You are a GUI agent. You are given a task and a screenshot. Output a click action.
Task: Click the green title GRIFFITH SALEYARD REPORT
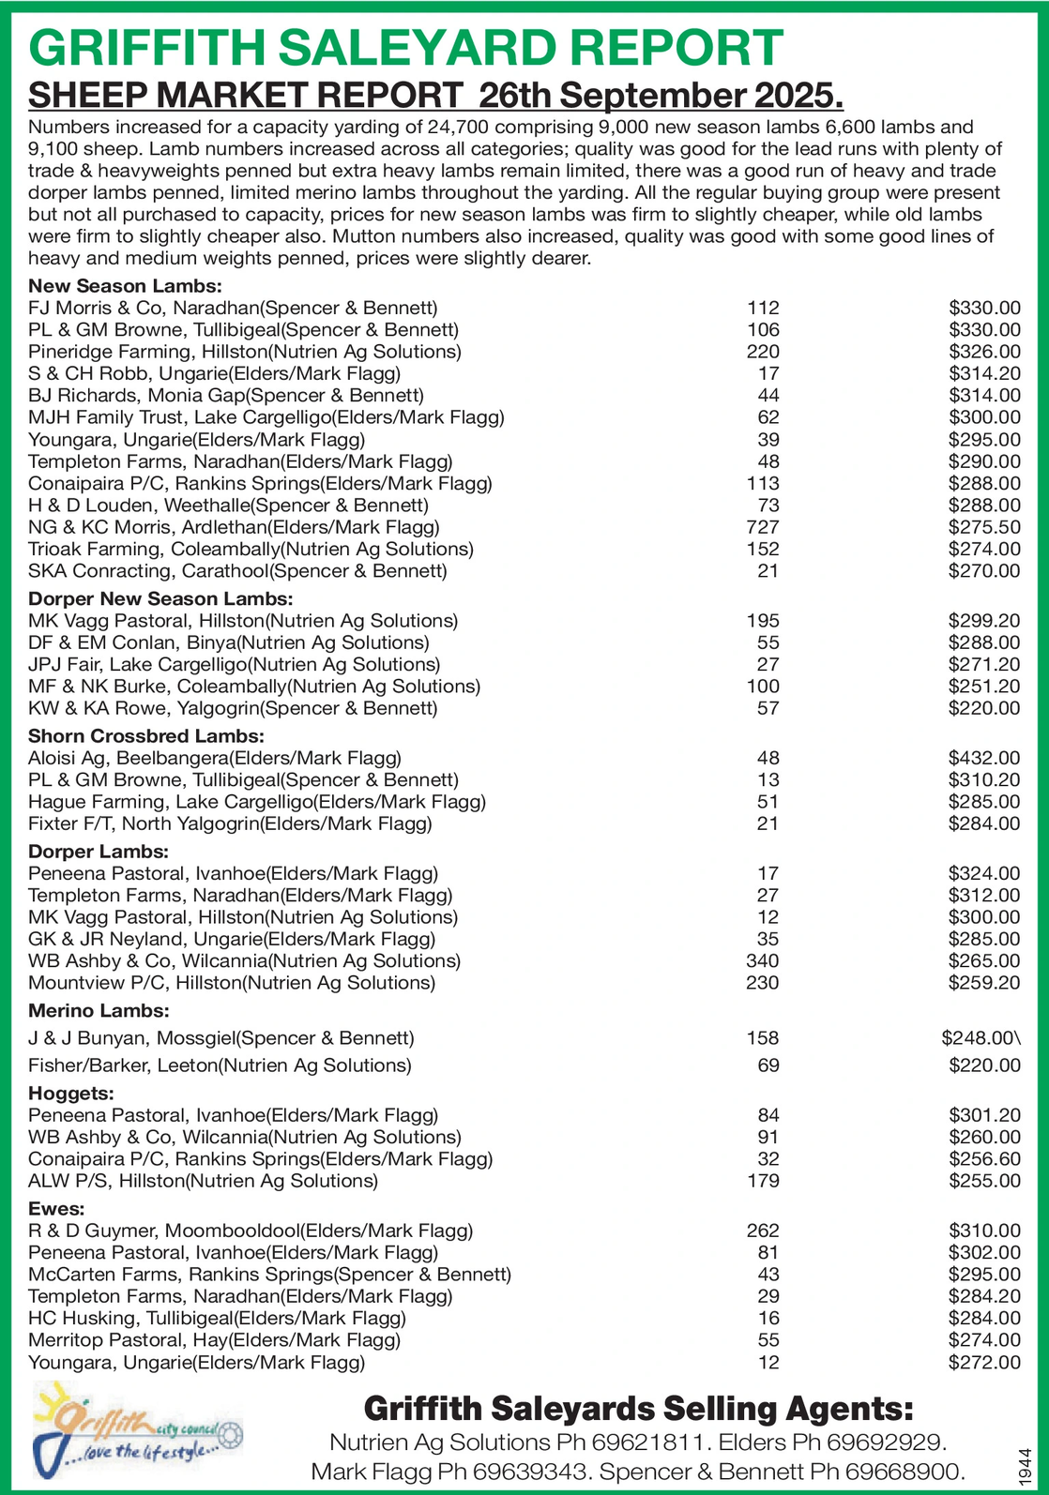(x=405, y=48)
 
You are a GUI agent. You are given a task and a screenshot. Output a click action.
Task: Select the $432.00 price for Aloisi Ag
(x=984, y=758)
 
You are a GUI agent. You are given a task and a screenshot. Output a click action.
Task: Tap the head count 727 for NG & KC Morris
(x=763, y=527)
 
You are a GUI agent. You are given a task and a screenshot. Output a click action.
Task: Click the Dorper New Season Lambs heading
(x=160, y=598)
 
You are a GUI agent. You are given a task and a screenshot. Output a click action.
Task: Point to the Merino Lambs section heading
(x=99, y=1010)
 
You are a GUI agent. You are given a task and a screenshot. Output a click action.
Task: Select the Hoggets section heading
(x=71, y=1093)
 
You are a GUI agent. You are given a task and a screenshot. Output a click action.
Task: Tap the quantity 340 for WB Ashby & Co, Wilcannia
(x=763, y=960)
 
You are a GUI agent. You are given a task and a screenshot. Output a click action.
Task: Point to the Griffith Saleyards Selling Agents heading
(x=638, y=1408)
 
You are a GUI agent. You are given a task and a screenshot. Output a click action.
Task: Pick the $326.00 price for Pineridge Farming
(x=984, y=352)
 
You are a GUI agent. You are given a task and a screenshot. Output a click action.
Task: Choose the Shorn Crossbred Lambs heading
(x=146, y=736)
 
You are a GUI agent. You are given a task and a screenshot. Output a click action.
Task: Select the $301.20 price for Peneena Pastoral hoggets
(x=984, y=1115)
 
